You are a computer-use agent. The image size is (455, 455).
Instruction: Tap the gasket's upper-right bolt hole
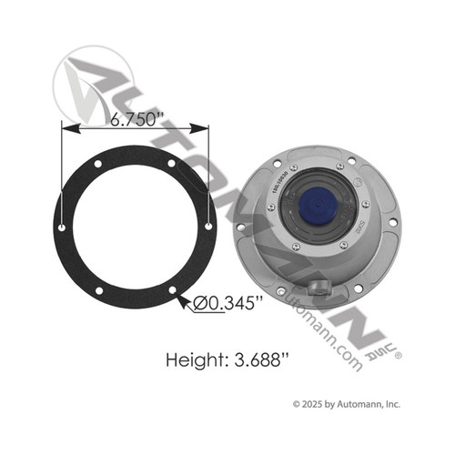click(x=172, y=162)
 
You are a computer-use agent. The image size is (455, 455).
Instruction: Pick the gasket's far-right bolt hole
click(x=210, y=225)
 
